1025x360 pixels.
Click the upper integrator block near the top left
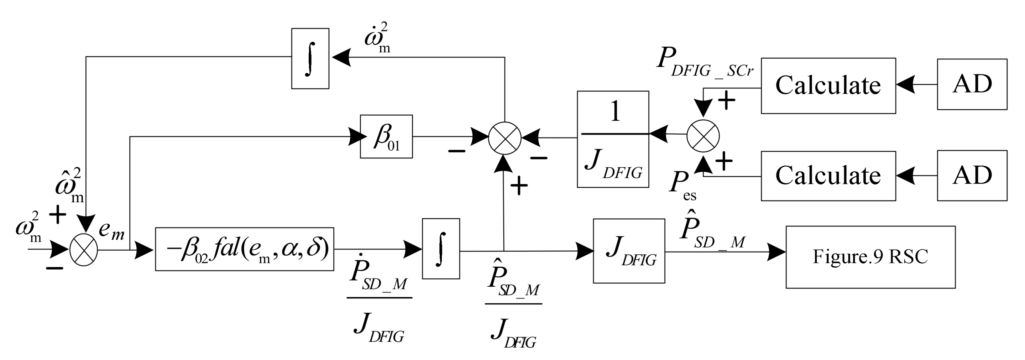(x=310, y=58)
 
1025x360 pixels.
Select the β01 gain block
(x=386, y=136)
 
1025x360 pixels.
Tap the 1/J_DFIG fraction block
(x=613, y=139)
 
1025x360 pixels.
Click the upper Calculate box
(x=828, y=85)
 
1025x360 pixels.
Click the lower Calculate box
(x=828, y=176)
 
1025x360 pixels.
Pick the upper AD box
(x=972, y=84)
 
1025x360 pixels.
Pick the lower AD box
(x=972, y=175)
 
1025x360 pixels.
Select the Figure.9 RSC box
(x=870, y=257)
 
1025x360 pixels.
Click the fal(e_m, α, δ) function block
(x=244, y=249)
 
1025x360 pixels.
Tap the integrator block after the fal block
(x=440, y=249)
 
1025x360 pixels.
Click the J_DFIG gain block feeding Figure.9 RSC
(x=629, y=251)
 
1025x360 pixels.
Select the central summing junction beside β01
(x=504, y=138)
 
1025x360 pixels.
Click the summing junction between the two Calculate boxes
(x=703, y=136)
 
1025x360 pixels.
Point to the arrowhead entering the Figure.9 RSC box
(x=776, y=252)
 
